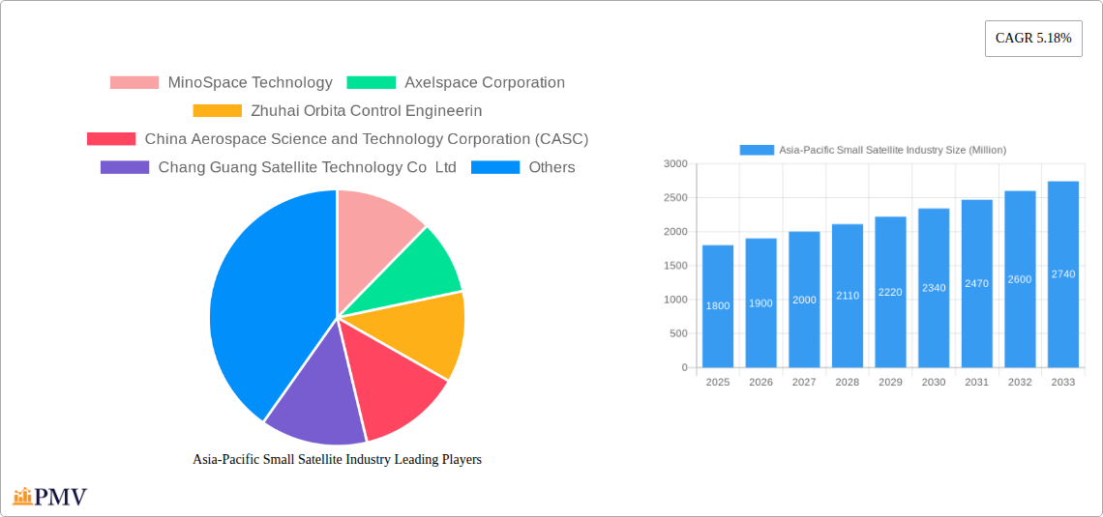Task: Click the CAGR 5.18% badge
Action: (1033, 39)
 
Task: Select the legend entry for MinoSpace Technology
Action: (222, 83)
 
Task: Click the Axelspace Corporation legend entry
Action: (456, 83)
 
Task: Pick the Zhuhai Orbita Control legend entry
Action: (338, 111)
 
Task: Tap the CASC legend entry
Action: (338, 139)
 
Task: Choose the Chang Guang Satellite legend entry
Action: (279, 167)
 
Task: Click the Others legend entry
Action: (523, 167)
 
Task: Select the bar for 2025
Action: (718, 306)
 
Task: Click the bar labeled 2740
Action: (1063, 274)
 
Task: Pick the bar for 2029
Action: (890, 292)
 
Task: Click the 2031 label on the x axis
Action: (977, 383)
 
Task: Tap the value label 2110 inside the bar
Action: (848, 296)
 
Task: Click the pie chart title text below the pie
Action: (337, 460)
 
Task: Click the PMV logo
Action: (50, 497)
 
